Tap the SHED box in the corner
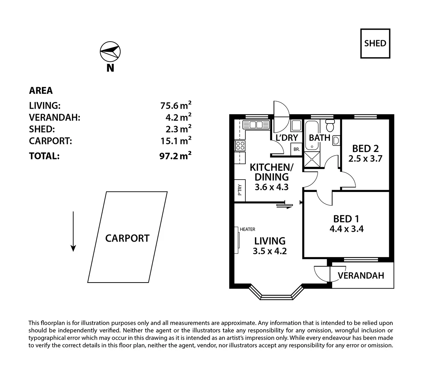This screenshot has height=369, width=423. click(x=375, y=43)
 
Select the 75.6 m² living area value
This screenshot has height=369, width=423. click(x=175, y=105)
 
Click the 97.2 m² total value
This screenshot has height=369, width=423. click(x=175, y=156)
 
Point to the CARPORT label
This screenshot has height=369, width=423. click(x=127, y=238)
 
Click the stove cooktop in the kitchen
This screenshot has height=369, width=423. click(x=240, y=146)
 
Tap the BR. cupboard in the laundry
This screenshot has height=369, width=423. click(x=296, y=150)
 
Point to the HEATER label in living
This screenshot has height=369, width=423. click(x=247, y=229)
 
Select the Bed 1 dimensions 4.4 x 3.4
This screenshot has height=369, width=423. click(x=347, y=229)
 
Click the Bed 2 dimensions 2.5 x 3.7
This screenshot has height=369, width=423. click(x=365, y=159)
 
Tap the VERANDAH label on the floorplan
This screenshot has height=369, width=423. click(x=361, y=276)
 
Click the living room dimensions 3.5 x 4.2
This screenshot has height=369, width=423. click(x=270, y=251)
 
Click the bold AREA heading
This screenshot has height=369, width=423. click(x=41, y=91)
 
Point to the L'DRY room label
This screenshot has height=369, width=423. click(x=287, y=138)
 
